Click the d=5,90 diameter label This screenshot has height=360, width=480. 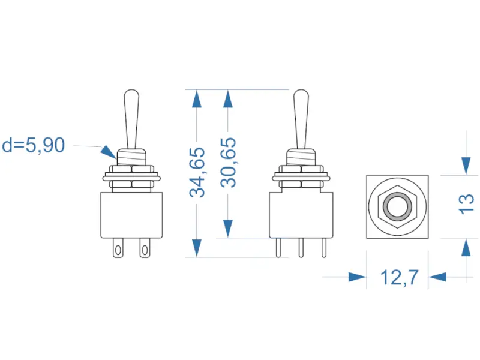(x=34, y=145)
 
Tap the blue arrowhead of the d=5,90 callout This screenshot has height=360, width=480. (x=107, y=151)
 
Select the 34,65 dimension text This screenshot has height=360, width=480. (x=198, y=172)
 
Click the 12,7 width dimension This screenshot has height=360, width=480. (x=399, y=277)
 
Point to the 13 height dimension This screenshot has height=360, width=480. (x=467, y=204)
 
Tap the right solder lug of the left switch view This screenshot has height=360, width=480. (x=144, y=247)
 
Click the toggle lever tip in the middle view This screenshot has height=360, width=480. (x=301, y=96)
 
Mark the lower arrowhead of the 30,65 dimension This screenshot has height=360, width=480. (x=228, y=228)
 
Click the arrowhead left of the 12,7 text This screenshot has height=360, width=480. (x=357, y=277)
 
